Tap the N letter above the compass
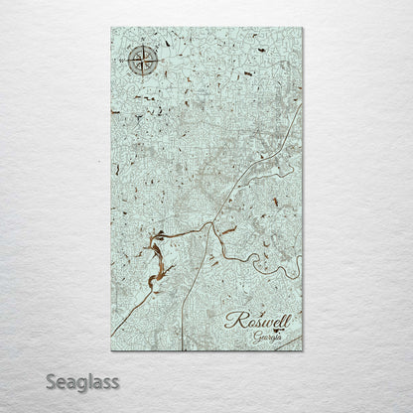click(140, 46)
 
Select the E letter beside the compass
click(156, 62)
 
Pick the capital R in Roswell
click(234, 320)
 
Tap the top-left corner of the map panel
click(110, 29)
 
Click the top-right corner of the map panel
click(304, 29)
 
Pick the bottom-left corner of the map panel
click(110, 351)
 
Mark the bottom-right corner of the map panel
click(304, 351)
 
